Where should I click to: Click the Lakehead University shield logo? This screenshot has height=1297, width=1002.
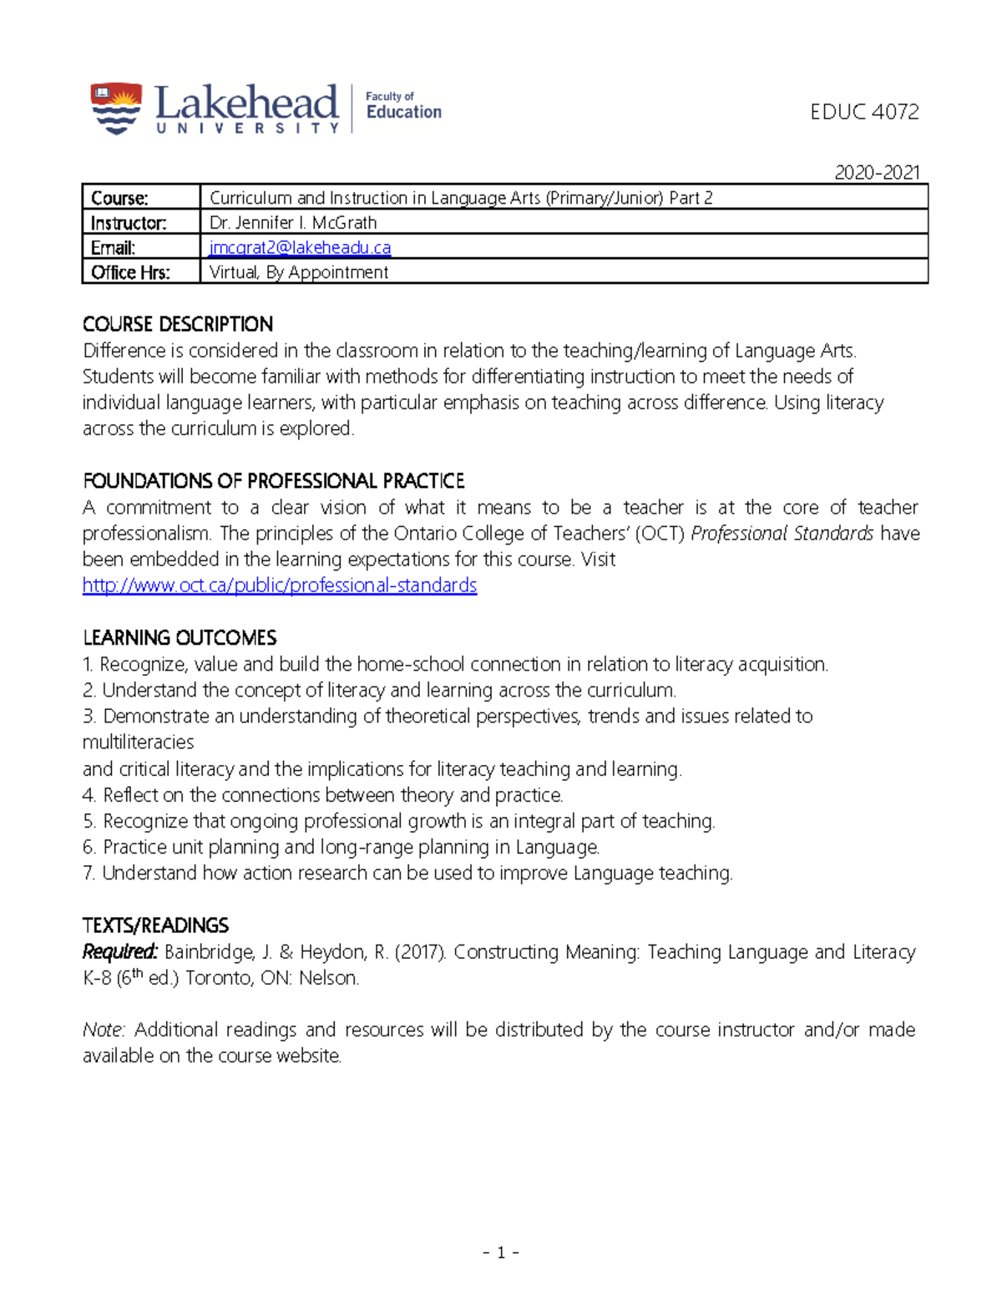[116, 108]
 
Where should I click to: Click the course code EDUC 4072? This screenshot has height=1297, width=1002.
[864, 112]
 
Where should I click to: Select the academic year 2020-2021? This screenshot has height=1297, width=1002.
[877, 172]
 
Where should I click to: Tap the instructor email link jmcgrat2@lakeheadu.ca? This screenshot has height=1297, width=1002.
[300, 247]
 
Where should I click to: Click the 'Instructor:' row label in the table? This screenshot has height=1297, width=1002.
[129, 223]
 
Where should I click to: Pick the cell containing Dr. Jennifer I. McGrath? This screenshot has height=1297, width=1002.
[293, 223]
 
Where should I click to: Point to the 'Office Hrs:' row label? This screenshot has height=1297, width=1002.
[130, 272]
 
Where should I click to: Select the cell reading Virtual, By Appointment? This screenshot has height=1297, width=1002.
[298, 272]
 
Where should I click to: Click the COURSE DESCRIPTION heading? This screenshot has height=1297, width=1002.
[178, 324]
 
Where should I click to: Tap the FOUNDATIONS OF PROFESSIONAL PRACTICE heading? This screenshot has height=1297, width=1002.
[274, 481]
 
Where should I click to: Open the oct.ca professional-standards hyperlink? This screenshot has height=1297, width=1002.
[280, 585]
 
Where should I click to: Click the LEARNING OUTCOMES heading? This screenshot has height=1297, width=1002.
[180, 638]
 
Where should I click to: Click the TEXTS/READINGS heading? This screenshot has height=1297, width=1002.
[155, 925]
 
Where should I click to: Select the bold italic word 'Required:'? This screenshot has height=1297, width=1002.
[119, 952]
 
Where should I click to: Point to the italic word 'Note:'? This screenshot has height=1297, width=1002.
[104, 1030]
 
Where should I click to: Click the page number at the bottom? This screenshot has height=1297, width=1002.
[501, 1252]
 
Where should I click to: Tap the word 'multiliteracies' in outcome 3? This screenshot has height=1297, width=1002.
[138, 742]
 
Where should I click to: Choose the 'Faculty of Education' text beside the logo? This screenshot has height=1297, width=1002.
[403, 106]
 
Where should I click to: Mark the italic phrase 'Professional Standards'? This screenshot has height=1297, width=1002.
[782, 534]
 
